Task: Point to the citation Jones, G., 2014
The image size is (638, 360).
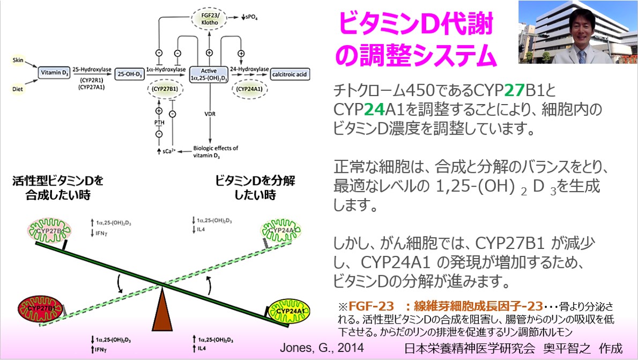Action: [x=322, y=348]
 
